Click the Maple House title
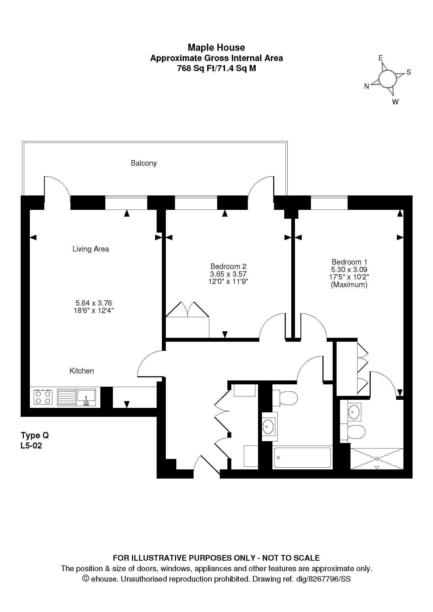tap(216, 47)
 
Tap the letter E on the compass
tap(381, 58)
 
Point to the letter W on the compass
tap(395, 102)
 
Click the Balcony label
tap(144, 163)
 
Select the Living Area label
tap(91, 249)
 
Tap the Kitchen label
tap(82, 371)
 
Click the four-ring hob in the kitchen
tap(43, 397)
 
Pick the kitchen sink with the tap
tap(86, 397)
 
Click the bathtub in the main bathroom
tap(302, 457)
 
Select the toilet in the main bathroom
tap(285, 398)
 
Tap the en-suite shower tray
tap(376, 459)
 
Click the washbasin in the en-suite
tap(354, 412)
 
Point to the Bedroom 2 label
tap(228, 266)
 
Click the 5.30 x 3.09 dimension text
tap(349, 269)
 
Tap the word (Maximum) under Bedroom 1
tap(349, 285)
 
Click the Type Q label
tap(35, 436)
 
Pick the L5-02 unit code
tap(31, 446)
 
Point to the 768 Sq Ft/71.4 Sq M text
tap(216, 69)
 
